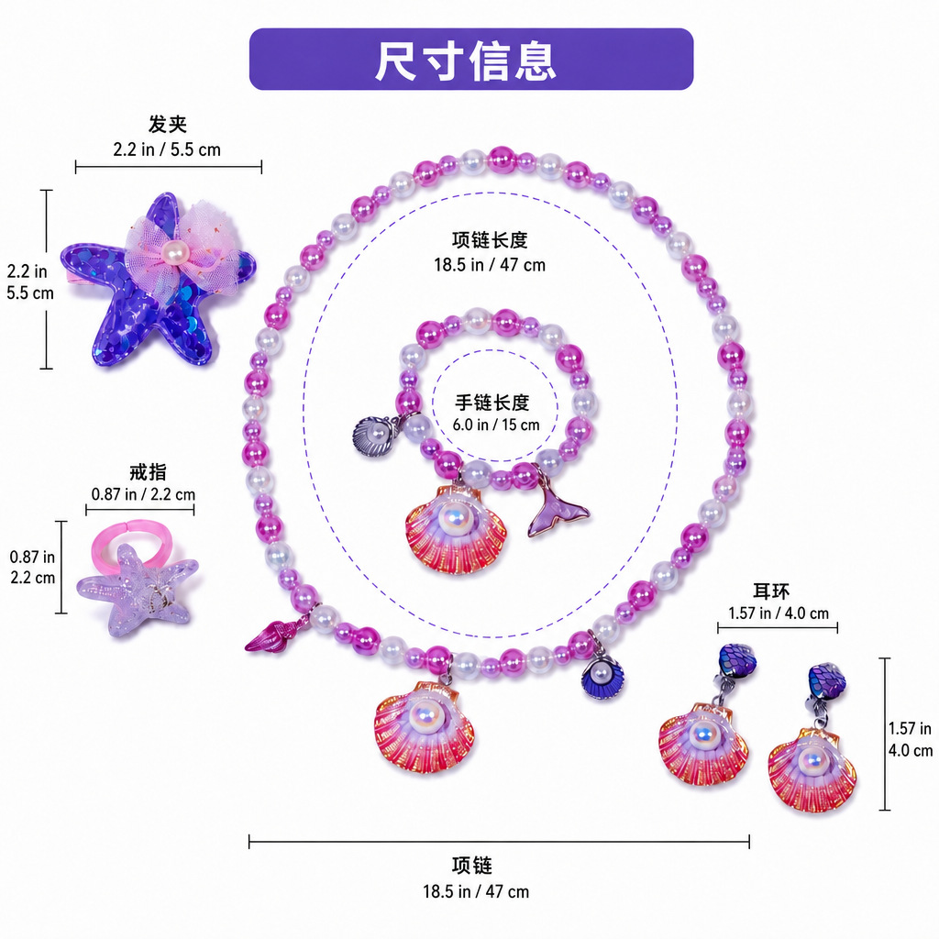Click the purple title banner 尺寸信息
pos(471,60)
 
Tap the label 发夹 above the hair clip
pos(168,124)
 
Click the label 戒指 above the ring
pos(148,472)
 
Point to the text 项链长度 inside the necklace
pos(490,239)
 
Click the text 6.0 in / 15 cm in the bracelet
pos(496,425)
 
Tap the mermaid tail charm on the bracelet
pos(557,508)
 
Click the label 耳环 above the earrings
pos(771,591)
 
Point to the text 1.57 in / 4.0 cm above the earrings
pos(779,613)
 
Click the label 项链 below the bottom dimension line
pos(472,866)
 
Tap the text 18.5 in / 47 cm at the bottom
pos(476,891)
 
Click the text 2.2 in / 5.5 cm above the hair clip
pos(167,149)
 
